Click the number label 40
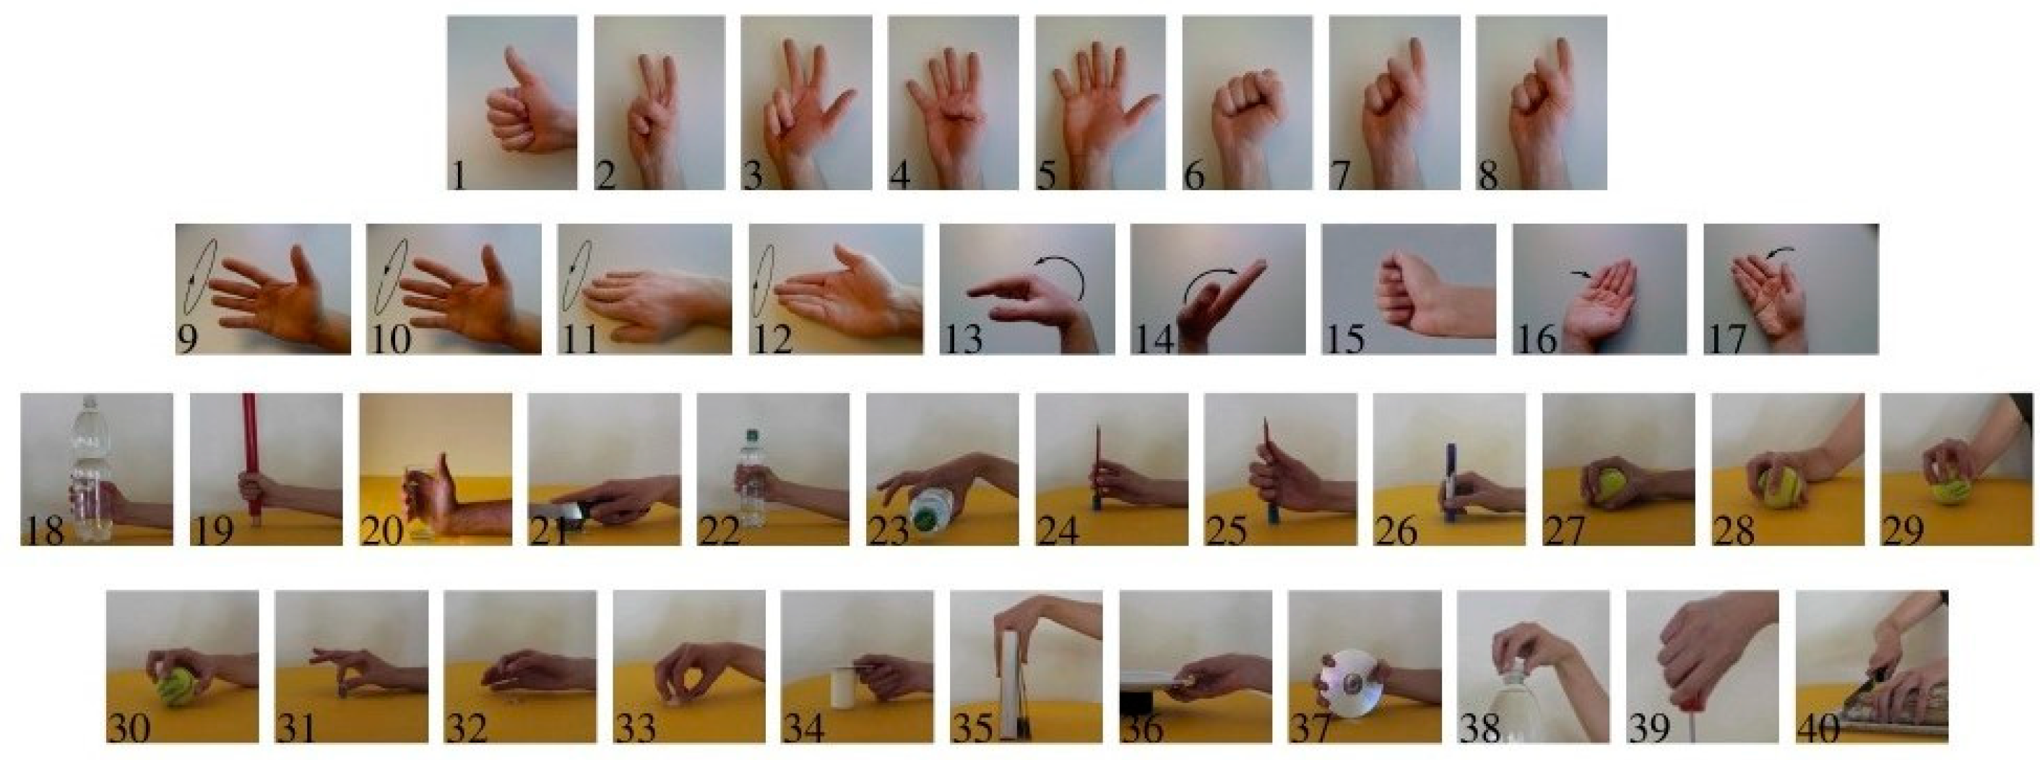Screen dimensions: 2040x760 1818,728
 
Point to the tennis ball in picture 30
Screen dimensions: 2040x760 178,686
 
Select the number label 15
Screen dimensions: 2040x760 1344,338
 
